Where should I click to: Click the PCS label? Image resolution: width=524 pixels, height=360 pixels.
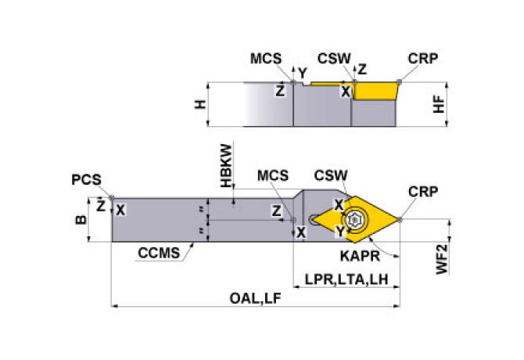[x=86, y=179]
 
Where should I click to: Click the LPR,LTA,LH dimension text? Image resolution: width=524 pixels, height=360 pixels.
[x=346, y=279]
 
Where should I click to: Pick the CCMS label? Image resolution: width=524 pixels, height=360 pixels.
[x=157, y=252]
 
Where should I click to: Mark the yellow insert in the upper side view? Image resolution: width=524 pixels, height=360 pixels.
[x=375, y=91]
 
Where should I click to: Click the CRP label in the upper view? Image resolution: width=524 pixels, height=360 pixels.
[x=422, y=59]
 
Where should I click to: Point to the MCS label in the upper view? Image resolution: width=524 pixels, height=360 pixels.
[x=267, y=59]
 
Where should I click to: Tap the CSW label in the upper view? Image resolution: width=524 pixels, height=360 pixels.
[x=334, y=59]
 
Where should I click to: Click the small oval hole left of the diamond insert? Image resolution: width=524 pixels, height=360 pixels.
[x=314, y=220]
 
